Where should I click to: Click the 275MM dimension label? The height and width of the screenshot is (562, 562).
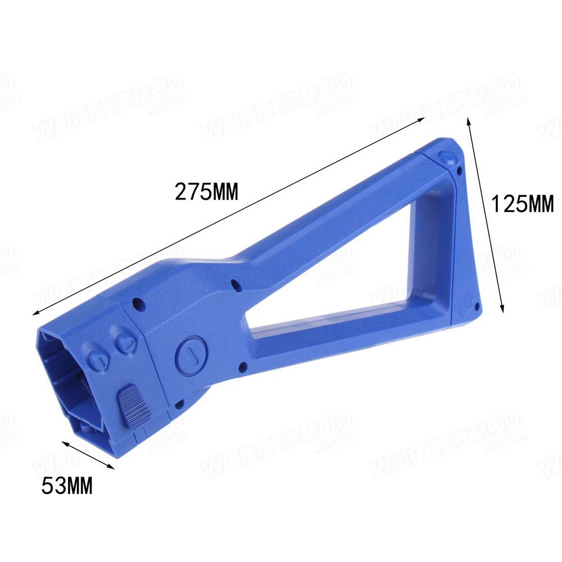206,192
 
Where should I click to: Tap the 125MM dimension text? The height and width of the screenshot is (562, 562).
523,203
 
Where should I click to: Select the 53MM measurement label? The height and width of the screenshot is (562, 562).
67,485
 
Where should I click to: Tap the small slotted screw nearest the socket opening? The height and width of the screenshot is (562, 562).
100,358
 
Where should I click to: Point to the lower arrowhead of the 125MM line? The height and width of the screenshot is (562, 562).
502,311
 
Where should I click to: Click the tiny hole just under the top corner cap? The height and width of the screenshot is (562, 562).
460,169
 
